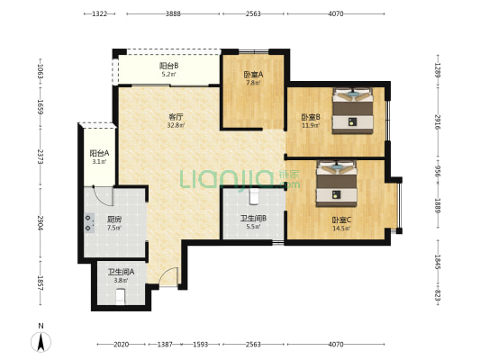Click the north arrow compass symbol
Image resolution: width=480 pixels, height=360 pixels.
coord(41,342)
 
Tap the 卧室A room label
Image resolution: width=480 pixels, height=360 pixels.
coord(253,75)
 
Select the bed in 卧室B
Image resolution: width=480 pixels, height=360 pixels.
coord(353,111)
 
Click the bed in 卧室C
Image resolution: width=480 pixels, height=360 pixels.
coord(337,184)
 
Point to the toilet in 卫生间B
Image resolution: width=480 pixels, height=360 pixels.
coord(254,196)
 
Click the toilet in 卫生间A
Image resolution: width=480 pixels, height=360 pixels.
coord(121,297)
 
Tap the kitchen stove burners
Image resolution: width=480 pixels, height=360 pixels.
coord(89,223)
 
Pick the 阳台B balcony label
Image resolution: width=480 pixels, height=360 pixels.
coord(169,66)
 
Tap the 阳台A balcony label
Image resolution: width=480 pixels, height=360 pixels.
coord(99,153)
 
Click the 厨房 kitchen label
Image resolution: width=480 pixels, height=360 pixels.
coord(114,220)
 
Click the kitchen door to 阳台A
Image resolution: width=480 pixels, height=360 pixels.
coord(104,196)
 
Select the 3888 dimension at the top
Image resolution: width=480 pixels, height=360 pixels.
coord(173,13)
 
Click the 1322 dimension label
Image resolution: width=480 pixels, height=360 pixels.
coord(99,13)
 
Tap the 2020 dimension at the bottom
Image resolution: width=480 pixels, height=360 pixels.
coord(121,345)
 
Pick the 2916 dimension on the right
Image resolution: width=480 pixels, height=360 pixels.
coord(438,121)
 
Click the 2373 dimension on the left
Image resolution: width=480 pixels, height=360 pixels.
coord(41,157)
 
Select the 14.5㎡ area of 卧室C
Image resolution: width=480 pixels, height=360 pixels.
coord(341,229)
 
